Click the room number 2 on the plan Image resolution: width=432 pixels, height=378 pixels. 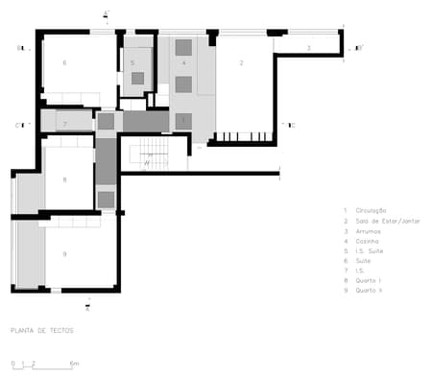click(x=241, y=62)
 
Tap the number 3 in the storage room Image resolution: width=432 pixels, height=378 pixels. click(x=308, y=47)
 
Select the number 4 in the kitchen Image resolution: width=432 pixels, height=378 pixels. click(x=183, y=62)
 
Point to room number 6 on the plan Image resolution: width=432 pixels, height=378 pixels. click(x=64, y=62)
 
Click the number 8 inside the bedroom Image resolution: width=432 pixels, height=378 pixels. click(x=64, y=179)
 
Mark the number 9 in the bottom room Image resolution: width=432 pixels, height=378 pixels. click(x=64, y=253)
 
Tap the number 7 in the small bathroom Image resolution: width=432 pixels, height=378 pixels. click(x=64, y=124)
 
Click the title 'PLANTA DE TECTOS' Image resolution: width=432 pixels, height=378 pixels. click(x=41, y=330)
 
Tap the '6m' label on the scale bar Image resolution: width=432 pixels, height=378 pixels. click(x=76, y=365)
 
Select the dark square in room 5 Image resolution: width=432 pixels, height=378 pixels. click(x=138, y=78)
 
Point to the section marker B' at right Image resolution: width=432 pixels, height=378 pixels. click(x=359, y=47)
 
